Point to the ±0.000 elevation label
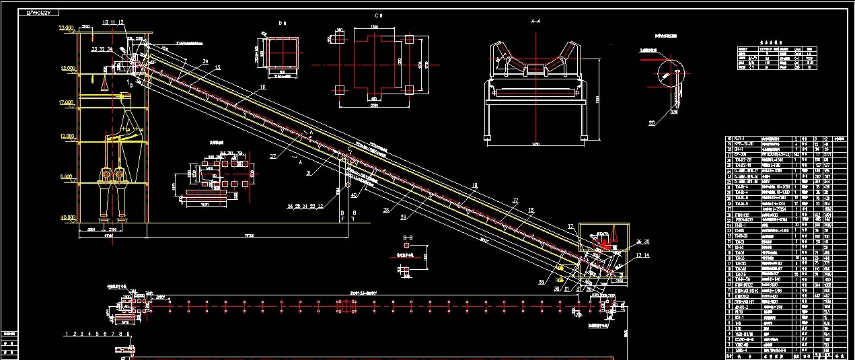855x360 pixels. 68,217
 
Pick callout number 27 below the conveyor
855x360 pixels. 273,156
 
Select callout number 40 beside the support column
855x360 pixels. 354,196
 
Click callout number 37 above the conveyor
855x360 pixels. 515,201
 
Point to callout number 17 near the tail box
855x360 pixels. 570,226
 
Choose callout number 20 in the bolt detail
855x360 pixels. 651,122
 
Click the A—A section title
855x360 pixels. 537,22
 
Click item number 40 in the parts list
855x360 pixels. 729,139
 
